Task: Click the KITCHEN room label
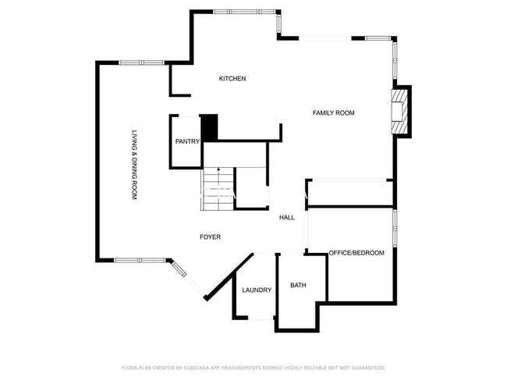point(232,79)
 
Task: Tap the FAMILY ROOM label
point(333,113)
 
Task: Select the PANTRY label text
point(187,141)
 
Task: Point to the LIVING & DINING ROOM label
point(135,165)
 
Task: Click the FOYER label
point(210,237)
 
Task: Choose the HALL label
point(287,218)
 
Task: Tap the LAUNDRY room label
point(257,290)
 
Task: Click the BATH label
point(298,285)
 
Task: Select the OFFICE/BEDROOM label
point(356,253)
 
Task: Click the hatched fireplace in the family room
point(398,112)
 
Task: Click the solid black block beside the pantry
point(210,127)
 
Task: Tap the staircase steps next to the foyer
point(218,189)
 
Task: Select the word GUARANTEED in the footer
point(368,368)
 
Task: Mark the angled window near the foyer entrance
point(179,269)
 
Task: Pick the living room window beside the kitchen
point(142,62)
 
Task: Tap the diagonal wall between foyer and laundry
point(229,277)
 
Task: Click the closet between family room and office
point(350,193)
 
